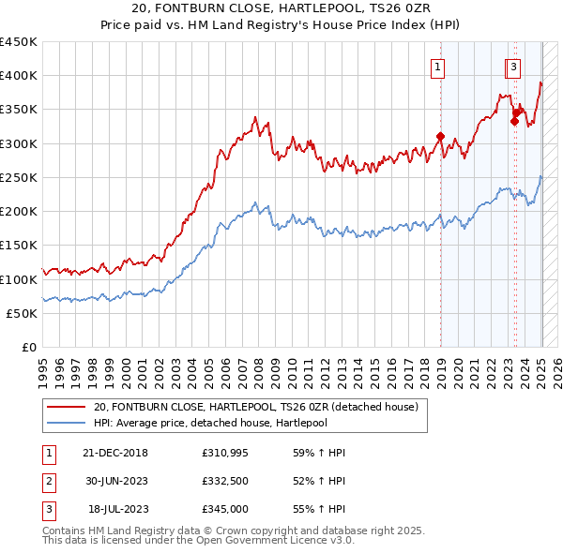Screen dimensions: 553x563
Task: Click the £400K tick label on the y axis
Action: [x=18, y=76]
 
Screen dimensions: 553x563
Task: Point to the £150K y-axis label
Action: [x=18, y=246]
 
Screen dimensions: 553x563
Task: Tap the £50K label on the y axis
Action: [x=22, y=314]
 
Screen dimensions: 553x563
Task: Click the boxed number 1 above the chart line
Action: [x=438, y=66]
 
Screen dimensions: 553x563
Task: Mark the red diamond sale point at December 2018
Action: [x=440, y=137]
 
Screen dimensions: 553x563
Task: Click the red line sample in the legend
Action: [x=65, y=406]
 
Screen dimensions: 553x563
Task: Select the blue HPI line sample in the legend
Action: [x=65, y=423]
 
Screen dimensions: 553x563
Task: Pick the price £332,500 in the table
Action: [x=224, y=481]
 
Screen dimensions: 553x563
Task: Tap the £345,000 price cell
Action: [x=224, y=509]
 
